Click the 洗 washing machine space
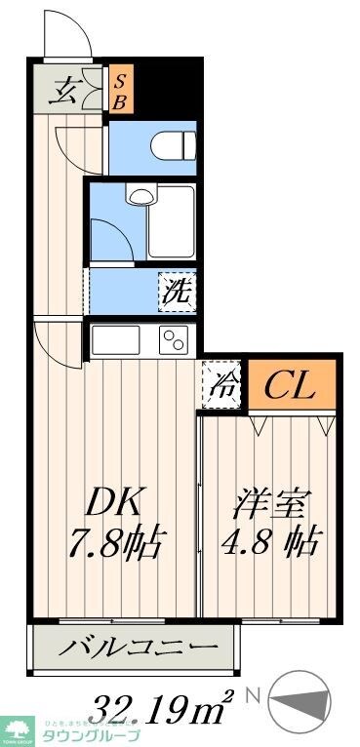click(x=178, y=291)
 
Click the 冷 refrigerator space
click(x=220, y=383)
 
